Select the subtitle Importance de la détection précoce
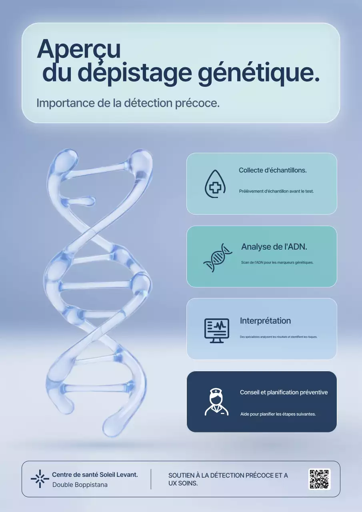coord(128,103)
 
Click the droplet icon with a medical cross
coord(215,184)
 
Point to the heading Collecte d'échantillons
coord(272,170)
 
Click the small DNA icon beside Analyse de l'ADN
coord(218,258)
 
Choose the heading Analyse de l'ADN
coord(274,247)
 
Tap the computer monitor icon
coord(217,330)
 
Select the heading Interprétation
coord(265,321)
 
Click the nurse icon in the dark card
coord(216,402)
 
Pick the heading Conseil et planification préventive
coord(284,392)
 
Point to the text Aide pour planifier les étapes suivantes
coord(278,414)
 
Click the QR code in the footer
coord(319,479)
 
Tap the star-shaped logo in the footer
coord(40,479)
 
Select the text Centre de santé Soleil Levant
coord(95,475)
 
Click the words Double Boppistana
coord(80,485)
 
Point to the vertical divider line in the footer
coord(151,479)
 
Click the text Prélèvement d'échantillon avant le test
coord(276,191)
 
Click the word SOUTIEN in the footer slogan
coord(181,476)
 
